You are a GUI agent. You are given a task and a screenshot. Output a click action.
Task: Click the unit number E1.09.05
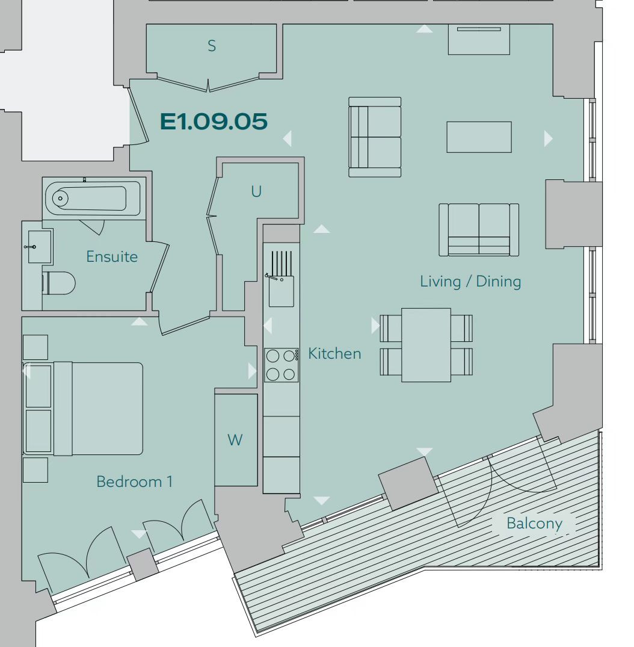coord(214,122)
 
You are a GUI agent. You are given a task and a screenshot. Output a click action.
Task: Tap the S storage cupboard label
coord(212,46)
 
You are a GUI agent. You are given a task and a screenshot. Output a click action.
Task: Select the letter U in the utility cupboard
coord(256,191)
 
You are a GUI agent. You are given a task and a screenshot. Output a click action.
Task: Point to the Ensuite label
coord(112,256)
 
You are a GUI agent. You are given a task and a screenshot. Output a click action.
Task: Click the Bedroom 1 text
coord(135,481)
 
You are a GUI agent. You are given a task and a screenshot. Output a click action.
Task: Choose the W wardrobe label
coord(235,441)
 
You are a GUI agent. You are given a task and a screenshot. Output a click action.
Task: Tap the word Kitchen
coord(334,354)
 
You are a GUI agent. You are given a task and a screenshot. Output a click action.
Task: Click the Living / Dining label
coord(470,282)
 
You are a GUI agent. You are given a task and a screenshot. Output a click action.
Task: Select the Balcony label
coord(534,523)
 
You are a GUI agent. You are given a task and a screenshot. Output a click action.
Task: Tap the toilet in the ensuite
coord(58,283)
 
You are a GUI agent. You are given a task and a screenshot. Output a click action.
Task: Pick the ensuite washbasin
coord(40,247)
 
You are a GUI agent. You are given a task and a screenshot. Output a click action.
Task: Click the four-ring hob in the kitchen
coord(282,365)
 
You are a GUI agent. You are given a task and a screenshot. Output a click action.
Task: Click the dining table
coord(426,345)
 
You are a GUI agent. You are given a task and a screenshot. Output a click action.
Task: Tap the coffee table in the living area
coord(479,137)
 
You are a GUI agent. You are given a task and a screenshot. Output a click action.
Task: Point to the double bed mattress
coord(98,409)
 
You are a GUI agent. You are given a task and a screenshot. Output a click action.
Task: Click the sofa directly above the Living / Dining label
coord(479,230)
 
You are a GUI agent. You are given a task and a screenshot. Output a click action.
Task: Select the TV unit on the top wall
coord(479,39)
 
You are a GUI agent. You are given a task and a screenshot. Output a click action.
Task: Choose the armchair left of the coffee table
coord(375,137)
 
